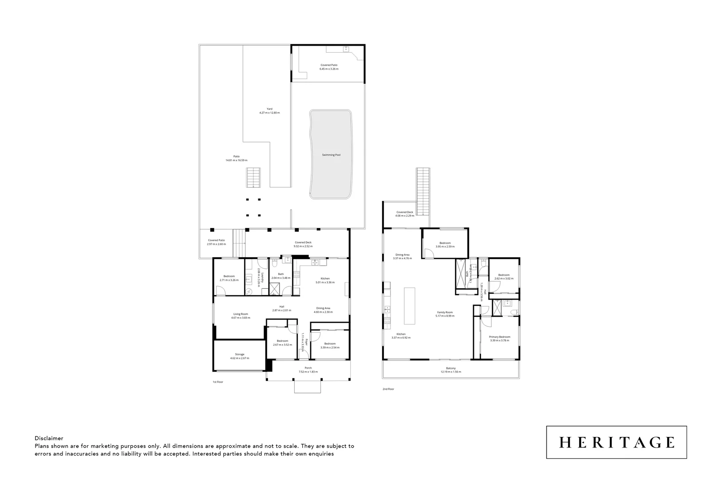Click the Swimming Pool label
(x=331, y=155)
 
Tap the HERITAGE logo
(x=616, y=442)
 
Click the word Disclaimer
(x=49, y=438)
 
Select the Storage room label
(x=240, y=354)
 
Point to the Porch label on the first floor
(x=308, y=368)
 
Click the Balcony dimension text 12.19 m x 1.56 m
(x=450, y=372)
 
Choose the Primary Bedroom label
(x=500, y=337)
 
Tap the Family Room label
(x=445, y=312)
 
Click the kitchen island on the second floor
(x=409, y=306)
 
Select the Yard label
(x=269, y=109)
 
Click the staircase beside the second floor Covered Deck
(x=423, y=191)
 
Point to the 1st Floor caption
(x=217, y=381)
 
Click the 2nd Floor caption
(x=388, y=389)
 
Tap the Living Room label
(x=241, y=314)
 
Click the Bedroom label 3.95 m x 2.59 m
(x=445, y=243)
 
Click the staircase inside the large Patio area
(x=253, y=177)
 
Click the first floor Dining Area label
(x=323, y=308)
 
